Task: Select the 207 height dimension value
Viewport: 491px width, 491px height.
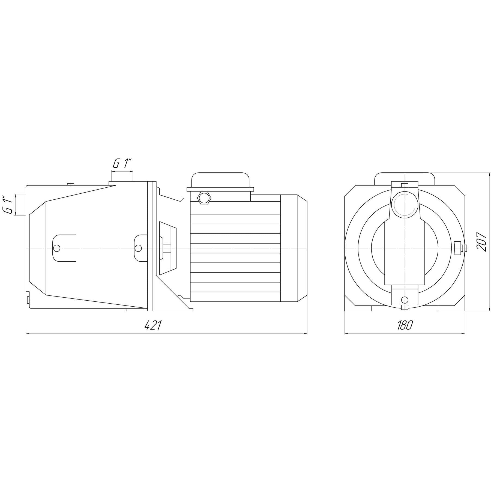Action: pyautogui.click(x=481, y=242)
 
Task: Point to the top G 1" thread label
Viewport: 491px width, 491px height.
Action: pyautogui.click(x=122, y=164)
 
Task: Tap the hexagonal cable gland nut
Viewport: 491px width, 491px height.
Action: pyautogui.click(x=204, y=197)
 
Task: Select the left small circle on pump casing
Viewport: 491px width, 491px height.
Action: pyautogui.click(x=57, y=248)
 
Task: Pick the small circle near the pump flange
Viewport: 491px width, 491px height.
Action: pyautogui.click(x=138, y=248)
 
